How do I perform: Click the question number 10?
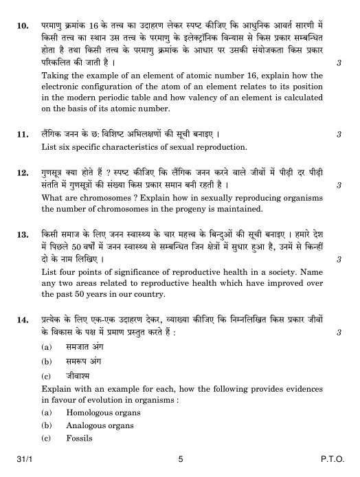point(23,26)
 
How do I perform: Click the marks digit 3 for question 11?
point(339,135)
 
